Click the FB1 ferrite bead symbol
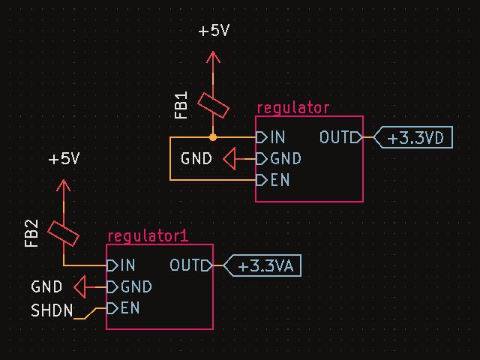click(x=213, y=104)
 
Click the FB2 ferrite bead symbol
click(x=64, y=232)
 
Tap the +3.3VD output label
click(x=415, y=138)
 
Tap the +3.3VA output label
click(x=264, y=265)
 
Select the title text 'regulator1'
click(x=148, y=236)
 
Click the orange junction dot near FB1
click(x=213, y=137)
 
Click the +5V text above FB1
click(x=213, y=31)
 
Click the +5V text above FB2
click(x=64, y=160)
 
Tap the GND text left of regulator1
click(x=46, y=286)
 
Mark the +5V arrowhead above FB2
click(x=64, y=184)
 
